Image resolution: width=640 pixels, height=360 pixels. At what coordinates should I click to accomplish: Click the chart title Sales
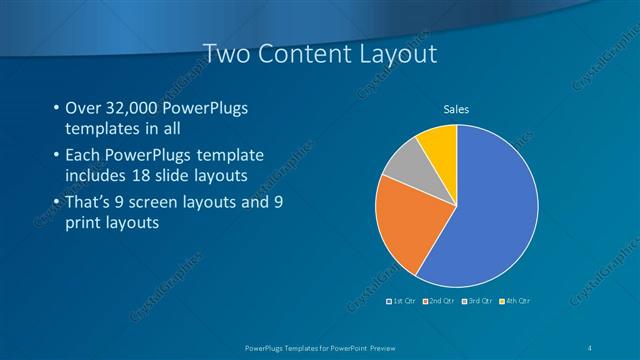pos(456,109)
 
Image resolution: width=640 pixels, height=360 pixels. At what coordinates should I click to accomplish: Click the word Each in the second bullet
pos(83,157)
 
